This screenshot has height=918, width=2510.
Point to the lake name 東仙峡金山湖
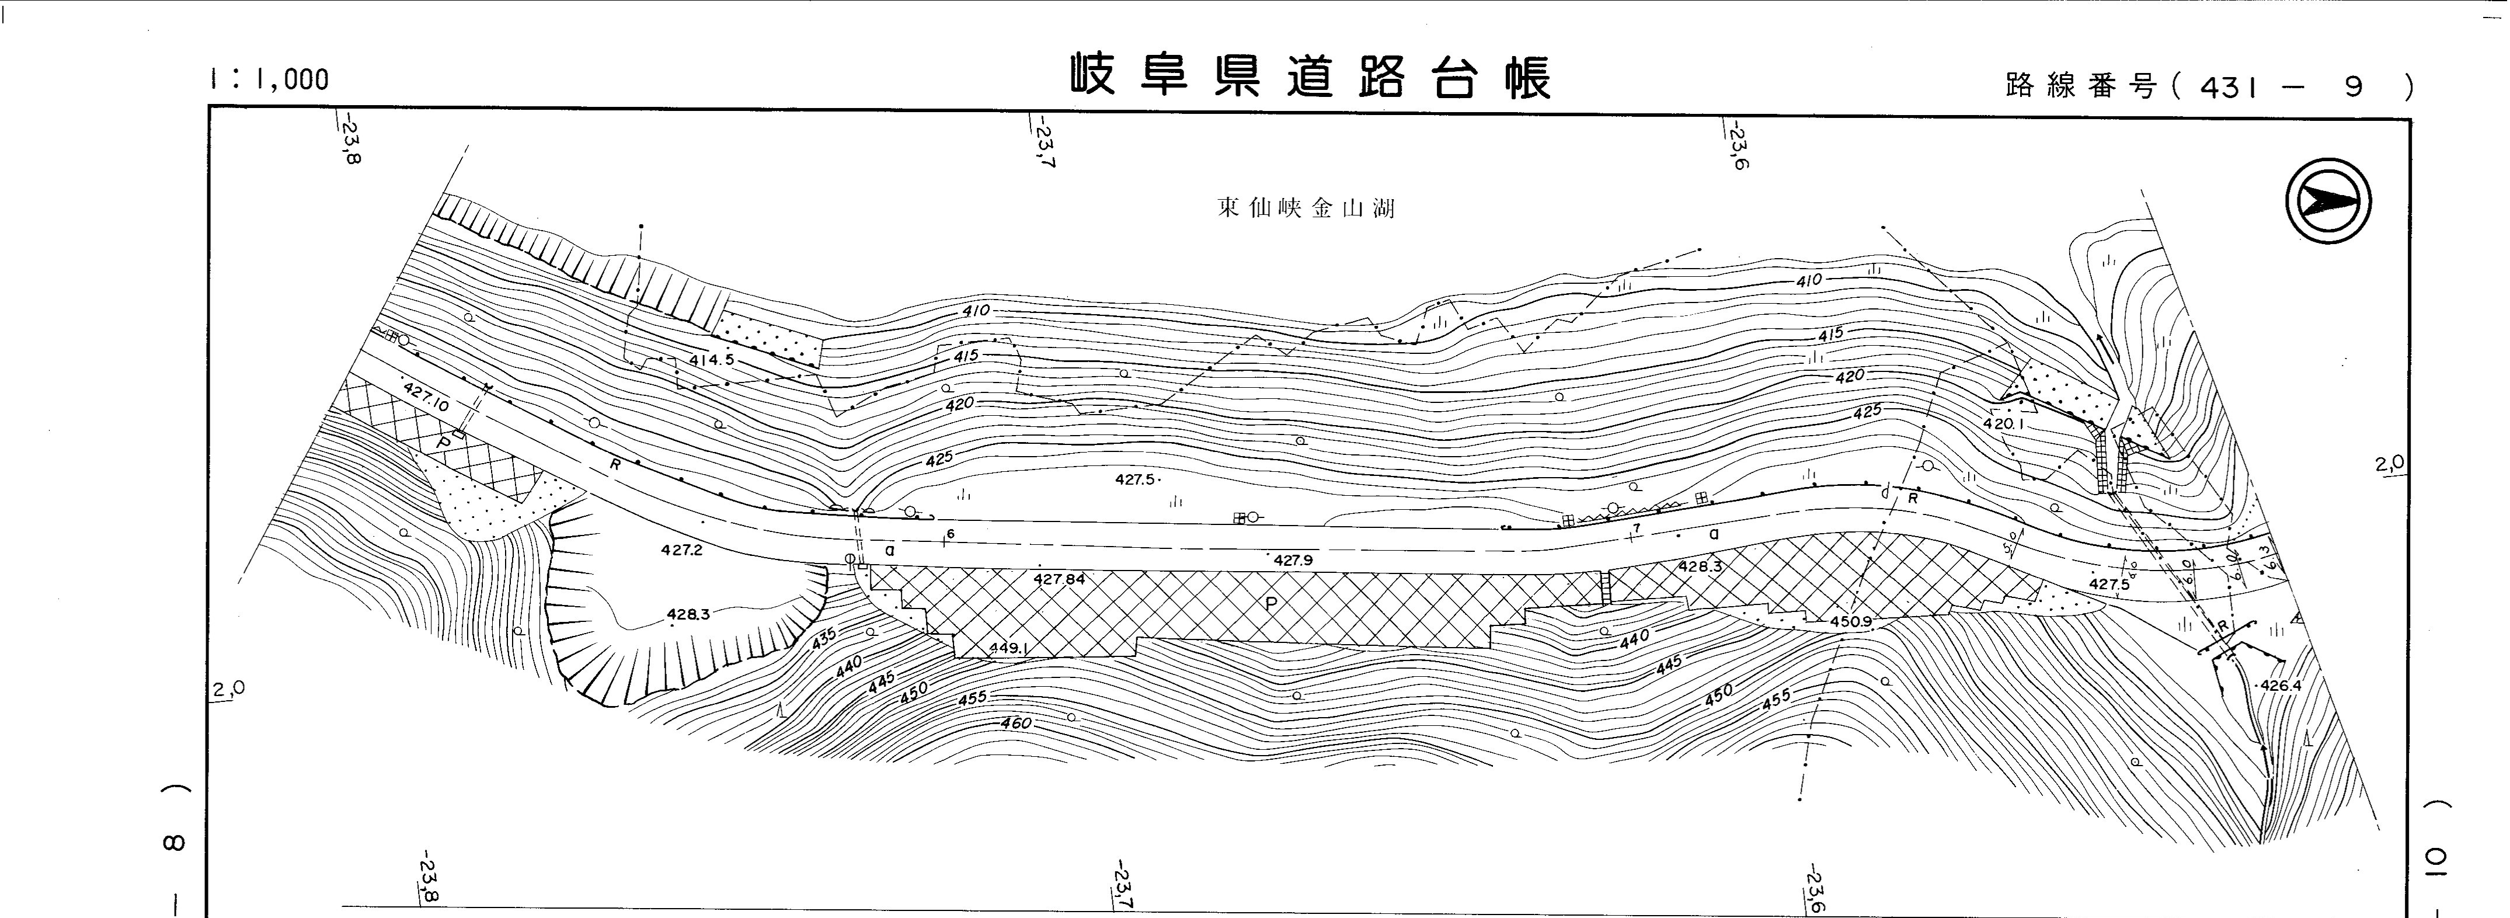point(1305,208)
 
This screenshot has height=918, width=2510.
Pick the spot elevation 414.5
point(711,360)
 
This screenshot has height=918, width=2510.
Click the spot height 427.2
point(681,550)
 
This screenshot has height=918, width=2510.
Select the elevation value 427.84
point(1059,579)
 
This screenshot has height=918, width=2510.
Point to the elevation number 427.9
point(1293,561)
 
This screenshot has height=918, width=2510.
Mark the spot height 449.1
point(1008,648)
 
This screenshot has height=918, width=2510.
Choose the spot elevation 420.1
point(2003,424)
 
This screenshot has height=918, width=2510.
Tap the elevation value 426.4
point(2280,685)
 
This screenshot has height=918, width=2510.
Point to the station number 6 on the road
point(950,534)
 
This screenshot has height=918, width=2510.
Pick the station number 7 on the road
point(1638,528)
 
